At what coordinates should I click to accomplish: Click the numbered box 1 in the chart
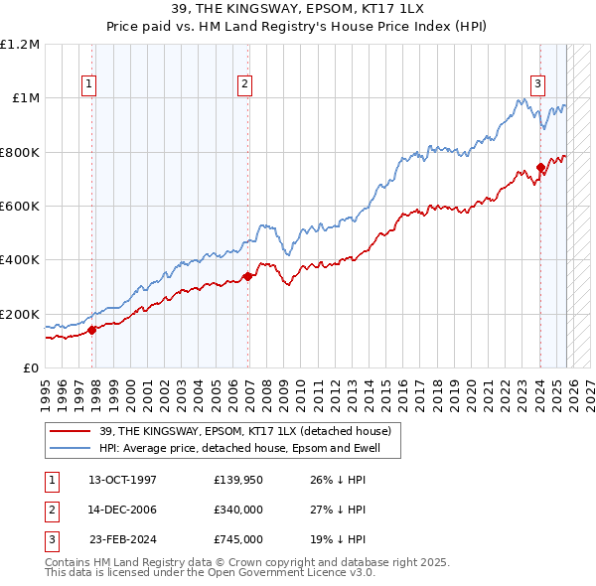point(89,85)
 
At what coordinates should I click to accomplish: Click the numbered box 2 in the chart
point(243,85)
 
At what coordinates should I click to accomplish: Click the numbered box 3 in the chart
point(537,85)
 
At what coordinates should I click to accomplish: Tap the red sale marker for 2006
point(248,277)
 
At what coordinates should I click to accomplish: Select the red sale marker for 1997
point(92,331)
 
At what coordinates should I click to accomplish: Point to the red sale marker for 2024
point(540,167)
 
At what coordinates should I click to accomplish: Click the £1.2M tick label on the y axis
point(20,45)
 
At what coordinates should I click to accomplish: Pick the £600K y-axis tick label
point(20,207)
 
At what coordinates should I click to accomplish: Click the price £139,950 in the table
point(236,480)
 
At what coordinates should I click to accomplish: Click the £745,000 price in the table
point(236,539)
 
